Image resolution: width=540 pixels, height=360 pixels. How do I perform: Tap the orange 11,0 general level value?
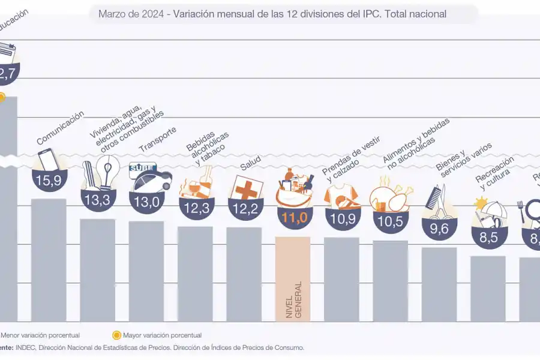[293, 217]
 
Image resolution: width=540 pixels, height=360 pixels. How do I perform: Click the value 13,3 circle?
[97, 200]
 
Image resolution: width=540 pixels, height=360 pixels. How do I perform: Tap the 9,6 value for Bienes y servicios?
[439, 228]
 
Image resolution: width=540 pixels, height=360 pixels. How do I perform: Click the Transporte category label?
[158, 140]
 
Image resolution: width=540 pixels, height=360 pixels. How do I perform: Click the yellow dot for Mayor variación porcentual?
[116, 335]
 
